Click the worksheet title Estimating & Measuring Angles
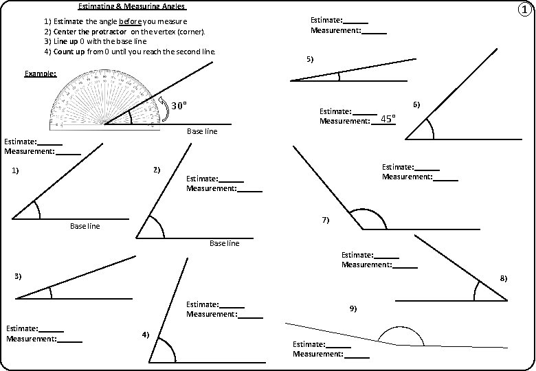click(132, 7)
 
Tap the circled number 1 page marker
click(524, 10)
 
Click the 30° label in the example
click(178, 106)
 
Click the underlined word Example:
click(40, 74)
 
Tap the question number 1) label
click(15, 171)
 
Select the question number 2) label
click(156, 169)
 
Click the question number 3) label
click(19, 276)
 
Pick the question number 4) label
click(146, 334)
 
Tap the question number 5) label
click(309, 60)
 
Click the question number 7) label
click(326, 220)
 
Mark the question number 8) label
click(503, 278)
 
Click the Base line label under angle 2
click(224, 243)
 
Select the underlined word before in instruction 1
click(129, 22)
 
